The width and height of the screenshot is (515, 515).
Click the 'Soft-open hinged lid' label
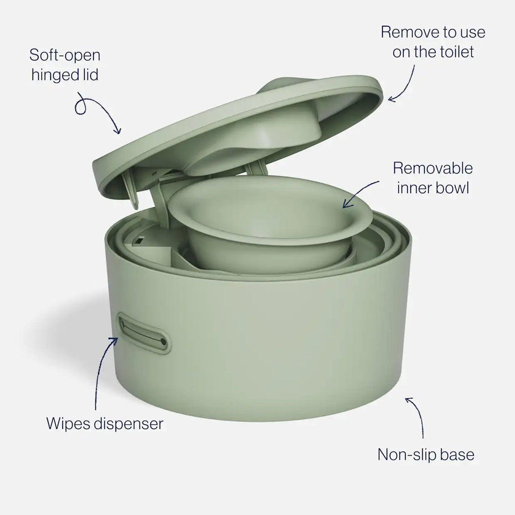click(65, 65)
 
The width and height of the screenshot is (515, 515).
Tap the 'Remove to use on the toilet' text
click(433, 42)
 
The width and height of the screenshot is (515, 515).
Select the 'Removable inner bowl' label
click(433, 178)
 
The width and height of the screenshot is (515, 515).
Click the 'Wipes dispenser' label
click(105, 424)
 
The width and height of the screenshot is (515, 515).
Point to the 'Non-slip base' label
click(426, 454)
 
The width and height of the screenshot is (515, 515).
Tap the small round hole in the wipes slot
click(163, 342)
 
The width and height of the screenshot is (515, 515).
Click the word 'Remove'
click(410, 32)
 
